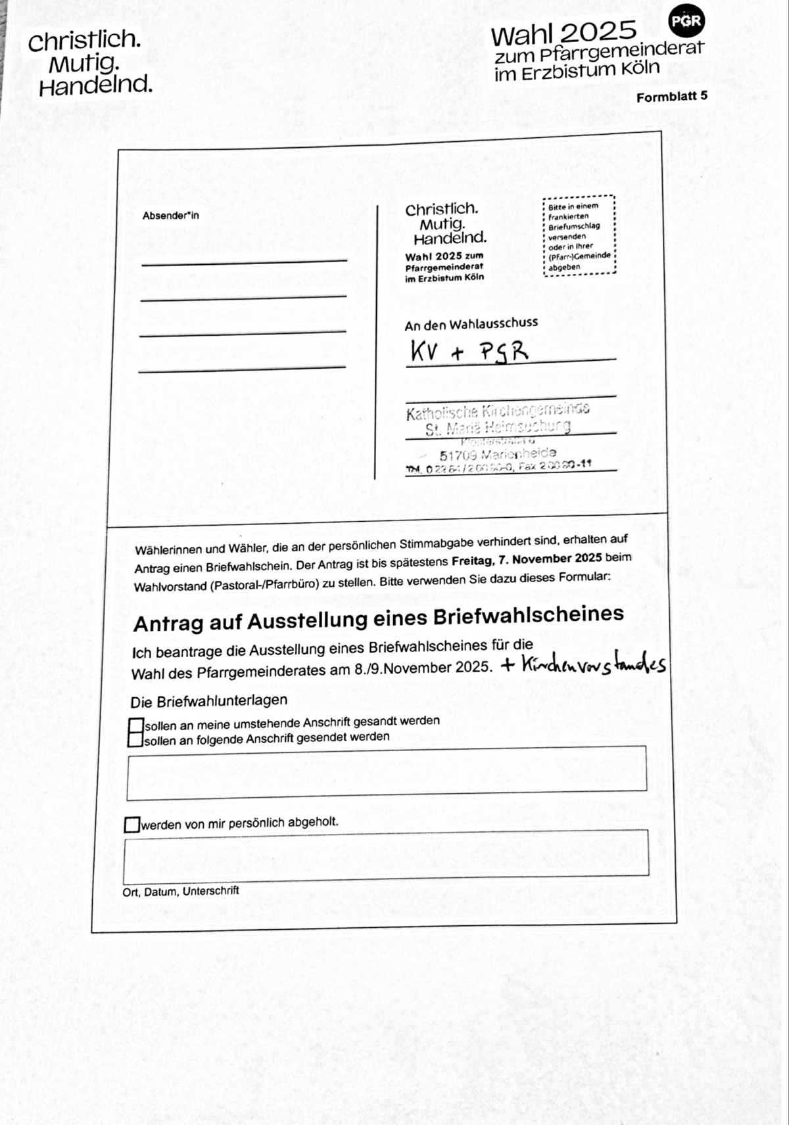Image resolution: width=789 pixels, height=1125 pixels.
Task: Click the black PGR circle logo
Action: [x=686, y=22]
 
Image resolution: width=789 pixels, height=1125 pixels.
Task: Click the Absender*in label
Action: [x=170, y=216]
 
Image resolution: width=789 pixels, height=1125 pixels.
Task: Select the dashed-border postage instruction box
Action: [x=579, y=236]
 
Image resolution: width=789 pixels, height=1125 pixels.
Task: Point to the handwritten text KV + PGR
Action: [x=469, y=352]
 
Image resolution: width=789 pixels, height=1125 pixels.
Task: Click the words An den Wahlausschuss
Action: [x=471, y=324]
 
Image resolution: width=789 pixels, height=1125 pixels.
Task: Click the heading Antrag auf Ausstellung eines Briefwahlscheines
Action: [x=378, y=619]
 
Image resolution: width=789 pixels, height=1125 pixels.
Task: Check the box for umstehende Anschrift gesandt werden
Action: [x=136, y=725]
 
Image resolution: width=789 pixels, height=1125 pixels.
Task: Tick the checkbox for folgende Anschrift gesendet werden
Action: [x=135, y=741]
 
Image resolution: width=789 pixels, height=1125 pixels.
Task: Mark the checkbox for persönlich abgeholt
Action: [x=132, y=824]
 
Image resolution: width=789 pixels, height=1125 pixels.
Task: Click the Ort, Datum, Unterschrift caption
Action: [x=180, y=892]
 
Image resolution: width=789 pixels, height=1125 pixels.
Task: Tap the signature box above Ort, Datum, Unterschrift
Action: [x=386, y=855]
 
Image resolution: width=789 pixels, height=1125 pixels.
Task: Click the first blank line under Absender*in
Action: [x=244, y=262]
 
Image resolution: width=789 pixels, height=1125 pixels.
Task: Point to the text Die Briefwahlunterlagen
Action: [x=208, y=701]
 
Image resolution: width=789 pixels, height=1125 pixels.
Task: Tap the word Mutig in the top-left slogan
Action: [x=84, y=64]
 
